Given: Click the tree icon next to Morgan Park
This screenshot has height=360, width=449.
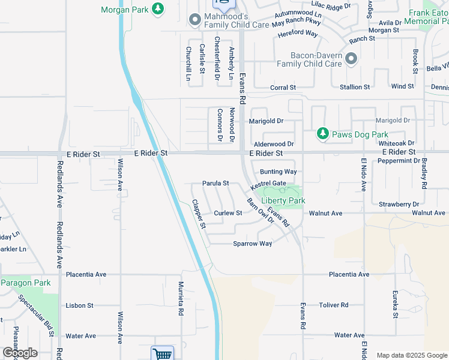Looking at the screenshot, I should (x=158, y=8).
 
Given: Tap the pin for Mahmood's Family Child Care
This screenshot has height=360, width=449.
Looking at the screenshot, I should (x=194, y=20).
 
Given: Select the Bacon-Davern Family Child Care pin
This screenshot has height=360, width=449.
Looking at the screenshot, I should (x=351, y=59).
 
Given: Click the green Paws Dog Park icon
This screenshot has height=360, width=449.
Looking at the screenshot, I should (x=323, y=133).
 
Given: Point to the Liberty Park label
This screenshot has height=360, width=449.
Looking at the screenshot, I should (x=283, y=201).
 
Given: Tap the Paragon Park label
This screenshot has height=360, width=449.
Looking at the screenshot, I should (x=25, y=283).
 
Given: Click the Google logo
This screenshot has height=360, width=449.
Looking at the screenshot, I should (x=19, y=353).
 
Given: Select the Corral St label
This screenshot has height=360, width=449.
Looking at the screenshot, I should (x=283, y=88).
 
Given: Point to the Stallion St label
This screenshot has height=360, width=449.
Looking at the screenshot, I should (x=355, y=88).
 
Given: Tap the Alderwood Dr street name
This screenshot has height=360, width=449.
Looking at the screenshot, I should (x=274, y=145).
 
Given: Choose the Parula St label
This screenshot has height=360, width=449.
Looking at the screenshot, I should (x=215, y=183).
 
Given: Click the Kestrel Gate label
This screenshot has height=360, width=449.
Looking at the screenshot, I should (x=268, y=184).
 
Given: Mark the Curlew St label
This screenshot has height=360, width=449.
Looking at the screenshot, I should (x=228, y=213).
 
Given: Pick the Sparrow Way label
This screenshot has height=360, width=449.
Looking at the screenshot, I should (x=252, y=244).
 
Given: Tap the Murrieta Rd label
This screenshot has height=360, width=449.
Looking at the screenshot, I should (x=181, y=298).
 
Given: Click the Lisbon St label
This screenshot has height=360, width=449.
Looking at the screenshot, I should (x=80, y=305).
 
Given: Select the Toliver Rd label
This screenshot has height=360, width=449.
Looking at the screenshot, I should (x=334, y=305).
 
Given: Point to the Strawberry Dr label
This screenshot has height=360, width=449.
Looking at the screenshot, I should (x=399, y=205).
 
